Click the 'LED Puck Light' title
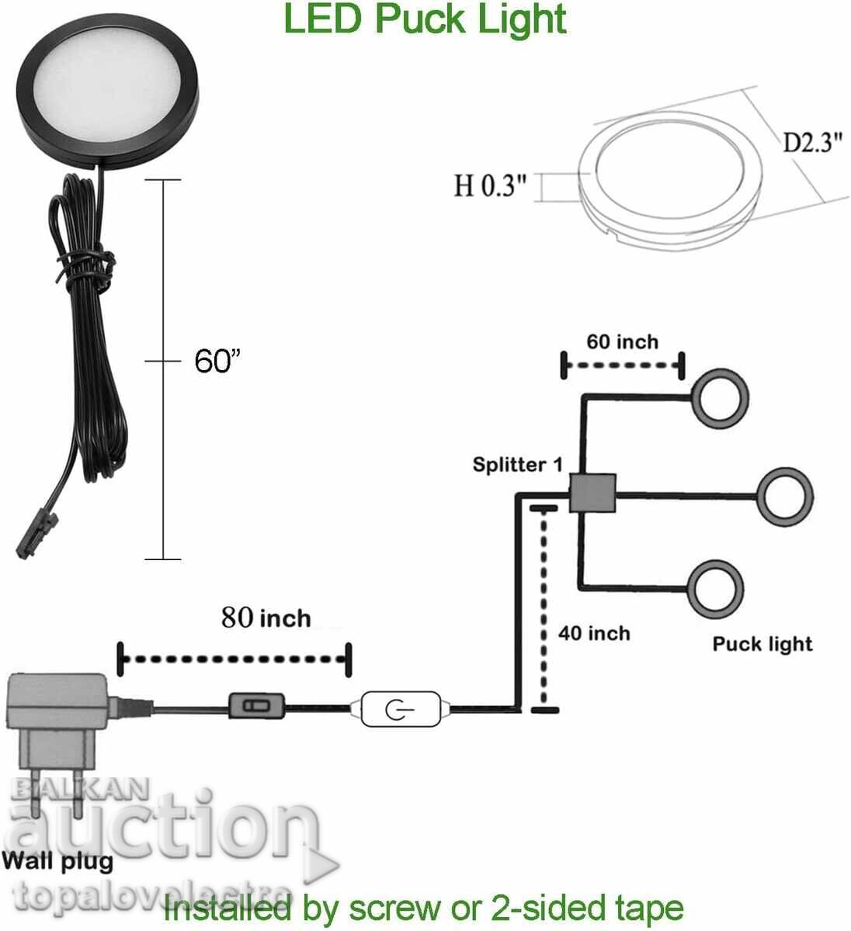[x=425, y=19]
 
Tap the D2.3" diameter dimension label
[x=812, y=143]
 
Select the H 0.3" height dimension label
[x=490, y=186]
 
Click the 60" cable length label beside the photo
[x=217, y=361]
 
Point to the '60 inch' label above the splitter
[x=622, y=341]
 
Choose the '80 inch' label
[x=266, y=618]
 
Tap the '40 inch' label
[x=594, y=634]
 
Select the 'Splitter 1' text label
[x=518, y=465]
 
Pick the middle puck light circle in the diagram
[x=785, y=495]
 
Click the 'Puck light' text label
[x=762, y=644]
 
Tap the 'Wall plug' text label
[x=57, y=860]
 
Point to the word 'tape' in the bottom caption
[x=645, y=907]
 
